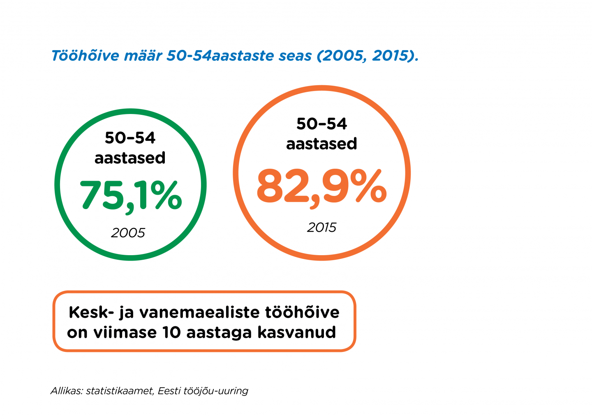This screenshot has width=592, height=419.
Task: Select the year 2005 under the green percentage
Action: [128, 233]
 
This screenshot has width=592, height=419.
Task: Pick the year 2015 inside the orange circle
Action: [321, 227]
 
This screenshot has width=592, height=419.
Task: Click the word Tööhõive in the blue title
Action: [86, 56]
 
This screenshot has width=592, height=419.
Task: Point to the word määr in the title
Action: [143, 56]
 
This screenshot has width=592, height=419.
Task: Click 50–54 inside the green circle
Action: [130, 138]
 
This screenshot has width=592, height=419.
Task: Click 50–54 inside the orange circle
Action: [321, 124]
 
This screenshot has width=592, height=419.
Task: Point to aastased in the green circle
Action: [130, 158]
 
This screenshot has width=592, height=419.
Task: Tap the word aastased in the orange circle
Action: [321, 144]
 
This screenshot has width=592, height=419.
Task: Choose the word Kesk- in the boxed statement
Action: [91, 312]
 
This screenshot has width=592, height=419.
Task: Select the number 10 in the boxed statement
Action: [172, 332]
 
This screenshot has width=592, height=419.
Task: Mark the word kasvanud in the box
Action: [297, 332]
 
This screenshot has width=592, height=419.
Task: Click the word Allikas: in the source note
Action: [67, 391]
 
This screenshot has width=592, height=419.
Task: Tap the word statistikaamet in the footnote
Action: [120, 391]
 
